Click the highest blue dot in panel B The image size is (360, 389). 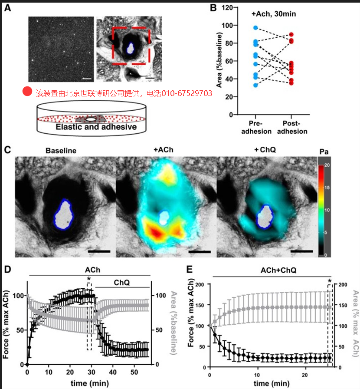(255, 28)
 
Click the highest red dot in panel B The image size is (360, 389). (291, 34)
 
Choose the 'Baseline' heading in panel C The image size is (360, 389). (61, 151)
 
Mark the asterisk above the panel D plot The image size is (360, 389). (88, 279)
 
